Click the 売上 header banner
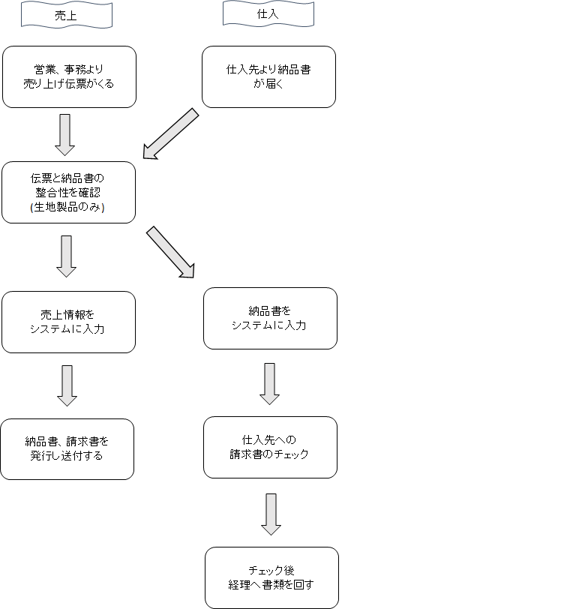pyautogui.click(x=66, y=15)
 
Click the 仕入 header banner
pyautogui.click(x=268, y=13)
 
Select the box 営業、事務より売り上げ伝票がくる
pyautogui.click(x=69, y=76)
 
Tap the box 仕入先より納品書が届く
pyautogui.click(x=268, y=76)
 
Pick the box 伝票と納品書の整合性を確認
pyautogui.click(x=68, y=192)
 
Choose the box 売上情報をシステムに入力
pyautogui.click(x=68, y=322)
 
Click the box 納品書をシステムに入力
pyautogui.click(x=270, y=318)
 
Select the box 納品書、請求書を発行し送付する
pyautogui.click(x=67, y=448)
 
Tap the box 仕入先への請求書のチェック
pyautogui.click(x=270, y=447)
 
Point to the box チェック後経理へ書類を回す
pyautogui.click(x=271, y=577)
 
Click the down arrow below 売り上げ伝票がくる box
pyautogui.click(x=64, y=133)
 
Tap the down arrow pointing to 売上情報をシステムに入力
pyautogui.click(x=67, y=256)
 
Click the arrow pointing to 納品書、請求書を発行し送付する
pyautogui.click(x=67, y=385)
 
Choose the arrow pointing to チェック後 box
pyautogui.click(x=271, y=514)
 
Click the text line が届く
pyautogui.click(x=268, y=84)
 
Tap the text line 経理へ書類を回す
pyautogui.click(x=271, y=585)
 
